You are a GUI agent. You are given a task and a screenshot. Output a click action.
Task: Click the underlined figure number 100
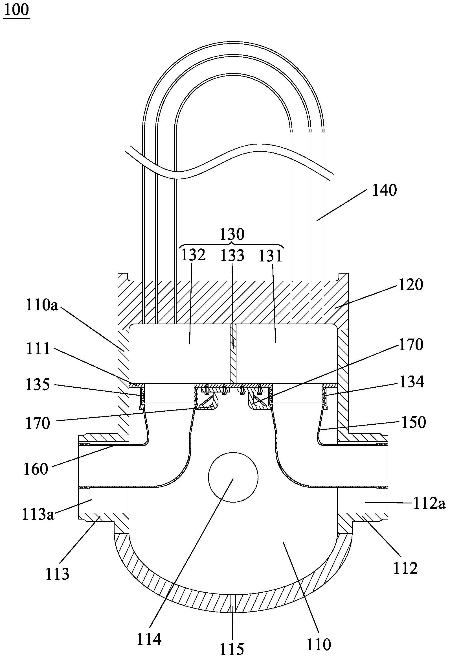coord(16,10)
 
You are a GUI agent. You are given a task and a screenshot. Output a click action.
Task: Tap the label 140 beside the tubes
coord(384,191)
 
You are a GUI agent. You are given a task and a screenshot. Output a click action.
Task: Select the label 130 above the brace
coord(232,235)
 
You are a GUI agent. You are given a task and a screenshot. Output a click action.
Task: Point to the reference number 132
coord(193,255)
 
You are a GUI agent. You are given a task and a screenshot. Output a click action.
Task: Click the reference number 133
coord(232,256)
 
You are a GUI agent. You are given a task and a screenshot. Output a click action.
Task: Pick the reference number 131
coord(271,256)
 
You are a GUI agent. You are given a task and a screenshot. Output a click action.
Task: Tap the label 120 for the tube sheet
coord(410,285)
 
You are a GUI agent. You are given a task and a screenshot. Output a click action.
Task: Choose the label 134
coord(412,382)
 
